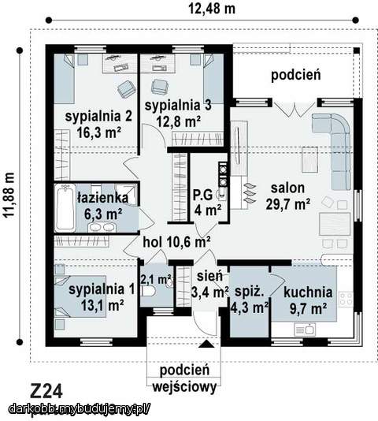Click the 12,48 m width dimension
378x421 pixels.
(x=210, y=9)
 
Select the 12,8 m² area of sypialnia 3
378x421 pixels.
(x=177, y=121)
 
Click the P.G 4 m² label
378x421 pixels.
(x=207, y=203)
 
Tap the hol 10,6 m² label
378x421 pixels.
(x=176, y=242)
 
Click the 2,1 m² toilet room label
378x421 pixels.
(x=155, y=279)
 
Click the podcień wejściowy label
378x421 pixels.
(x=183, y=377)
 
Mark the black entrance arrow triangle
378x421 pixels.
(x=206, y=344)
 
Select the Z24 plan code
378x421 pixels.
(x=46, y=390)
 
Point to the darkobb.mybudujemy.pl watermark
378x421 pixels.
(x=79, y=408)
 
